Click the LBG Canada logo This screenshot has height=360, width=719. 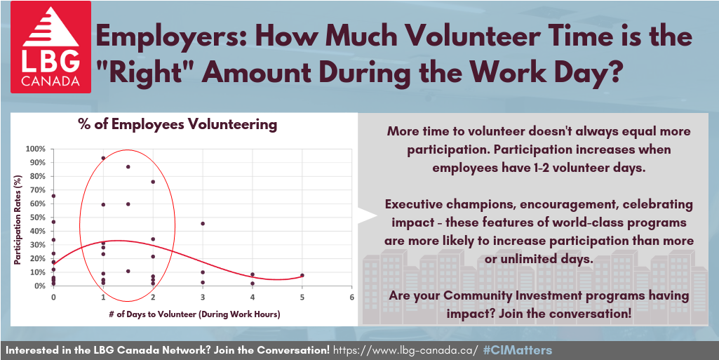(51, 47)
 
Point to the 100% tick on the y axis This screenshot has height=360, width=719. (36, 149)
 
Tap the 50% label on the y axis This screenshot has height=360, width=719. (38, 218)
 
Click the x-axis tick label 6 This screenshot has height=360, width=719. (351, 297)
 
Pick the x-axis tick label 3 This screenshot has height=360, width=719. (202, 297)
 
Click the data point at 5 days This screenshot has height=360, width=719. (302, 275)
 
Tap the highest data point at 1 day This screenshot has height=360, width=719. (103, 158)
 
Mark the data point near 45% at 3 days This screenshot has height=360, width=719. (203, 223)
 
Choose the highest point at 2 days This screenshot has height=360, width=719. (153, 182)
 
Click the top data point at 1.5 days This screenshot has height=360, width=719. (128, 166)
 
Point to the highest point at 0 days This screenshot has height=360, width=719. (53, 196)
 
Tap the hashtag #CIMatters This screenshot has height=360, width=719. (518, 351)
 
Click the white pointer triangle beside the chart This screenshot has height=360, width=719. (368, 216)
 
